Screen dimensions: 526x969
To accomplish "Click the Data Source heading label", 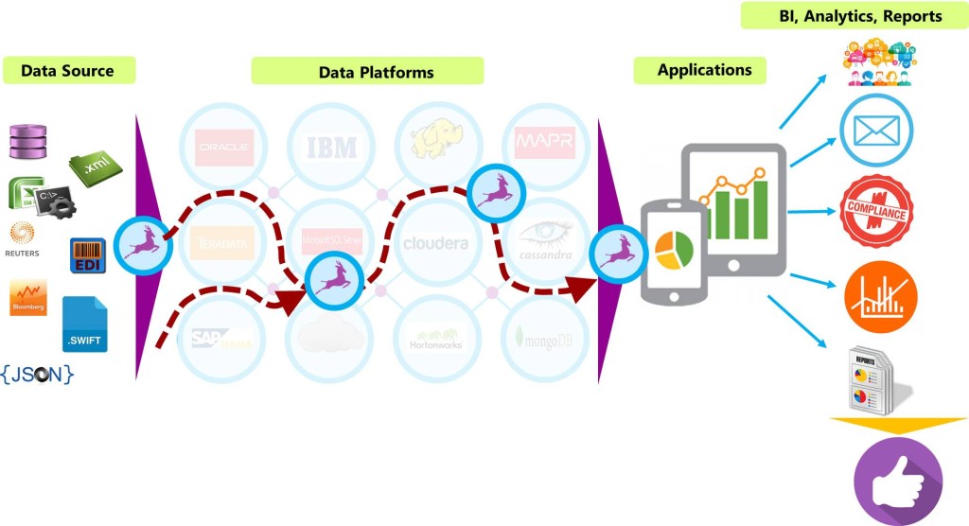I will coord(67,71).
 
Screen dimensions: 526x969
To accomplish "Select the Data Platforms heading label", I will coord(376,72).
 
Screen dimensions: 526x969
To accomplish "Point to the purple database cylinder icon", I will coord(27,141).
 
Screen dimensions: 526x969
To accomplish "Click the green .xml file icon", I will coord(96,166).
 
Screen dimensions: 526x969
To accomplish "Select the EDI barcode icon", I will coord(88,256).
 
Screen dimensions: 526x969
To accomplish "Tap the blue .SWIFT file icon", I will coord(85,324).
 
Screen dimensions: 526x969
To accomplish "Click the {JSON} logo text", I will coord(38,374).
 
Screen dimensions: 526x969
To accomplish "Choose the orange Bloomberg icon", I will coord(27,297).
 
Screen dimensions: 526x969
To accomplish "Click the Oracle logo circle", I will coord(223,147).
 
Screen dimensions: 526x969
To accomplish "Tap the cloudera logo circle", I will coord(435,243).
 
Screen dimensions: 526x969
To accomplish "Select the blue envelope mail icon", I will coord(876,131).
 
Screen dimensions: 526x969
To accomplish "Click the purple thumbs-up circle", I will coord(897,481).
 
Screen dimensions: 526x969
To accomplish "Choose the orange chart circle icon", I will coord(880,296).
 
